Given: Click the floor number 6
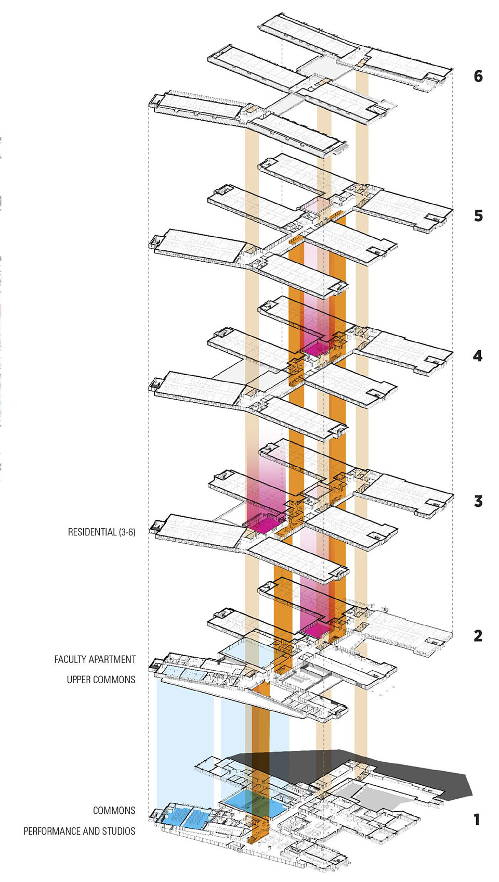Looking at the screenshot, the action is coord(478,76).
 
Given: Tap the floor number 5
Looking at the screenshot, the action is coord(478,216).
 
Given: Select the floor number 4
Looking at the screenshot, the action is coord(477,356).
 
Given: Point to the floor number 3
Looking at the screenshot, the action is coord(478,501).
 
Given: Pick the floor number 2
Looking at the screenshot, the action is coord(478,636).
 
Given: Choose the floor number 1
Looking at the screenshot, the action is coord(477,820).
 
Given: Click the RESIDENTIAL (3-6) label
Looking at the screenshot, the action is coord(101,532).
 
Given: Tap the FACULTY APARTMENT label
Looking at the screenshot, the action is coord(95,659).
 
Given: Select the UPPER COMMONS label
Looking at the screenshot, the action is coord(101,680).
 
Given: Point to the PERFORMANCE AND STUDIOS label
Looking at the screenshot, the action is coord(80,831).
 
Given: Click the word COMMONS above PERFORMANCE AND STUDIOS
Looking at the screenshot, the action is coord(114,810).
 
